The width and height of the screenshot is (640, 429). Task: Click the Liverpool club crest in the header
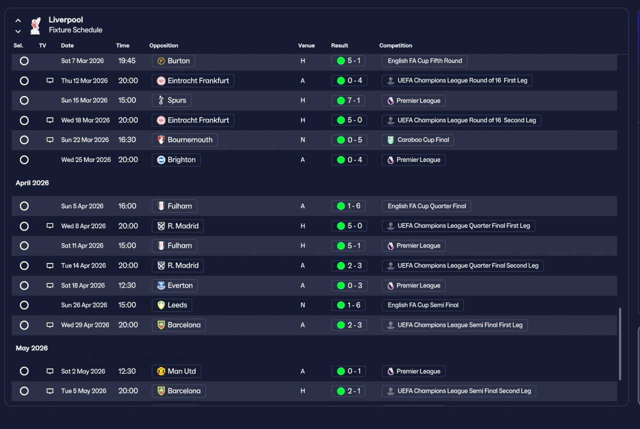(35, 25)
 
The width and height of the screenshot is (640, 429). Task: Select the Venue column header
(306, 45)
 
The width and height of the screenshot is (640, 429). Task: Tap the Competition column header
(395, 45)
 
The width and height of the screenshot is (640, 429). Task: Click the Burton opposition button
(173, 61)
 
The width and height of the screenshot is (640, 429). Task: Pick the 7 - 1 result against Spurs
(348, 100)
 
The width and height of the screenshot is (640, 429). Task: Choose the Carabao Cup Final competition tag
(417, 140)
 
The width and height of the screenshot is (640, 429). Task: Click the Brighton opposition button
(176, 160)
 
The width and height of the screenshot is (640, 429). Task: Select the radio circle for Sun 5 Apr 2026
(24, 206)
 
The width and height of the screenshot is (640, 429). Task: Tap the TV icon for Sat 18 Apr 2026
(50, 285)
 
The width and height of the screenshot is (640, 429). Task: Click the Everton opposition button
(175, 285)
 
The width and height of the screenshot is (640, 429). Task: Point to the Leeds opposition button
(172, 305)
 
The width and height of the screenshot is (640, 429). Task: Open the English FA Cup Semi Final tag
(423, 305)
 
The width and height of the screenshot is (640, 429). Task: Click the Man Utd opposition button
(176, 371)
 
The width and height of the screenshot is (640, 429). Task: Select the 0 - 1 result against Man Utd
(348, 371)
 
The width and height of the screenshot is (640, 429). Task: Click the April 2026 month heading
(32, 183)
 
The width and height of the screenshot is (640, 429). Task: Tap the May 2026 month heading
(31, 348)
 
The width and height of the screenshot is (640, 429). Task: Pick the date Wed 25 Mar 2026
(86, 159)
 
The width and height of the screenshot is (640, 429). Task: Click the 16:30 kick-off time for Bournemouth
(127, 139)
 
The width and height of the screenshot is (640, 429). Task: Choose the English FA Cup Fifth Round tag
(424, 61)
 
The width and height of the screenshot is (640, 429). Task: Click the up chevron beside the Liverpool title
(18, 20)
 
